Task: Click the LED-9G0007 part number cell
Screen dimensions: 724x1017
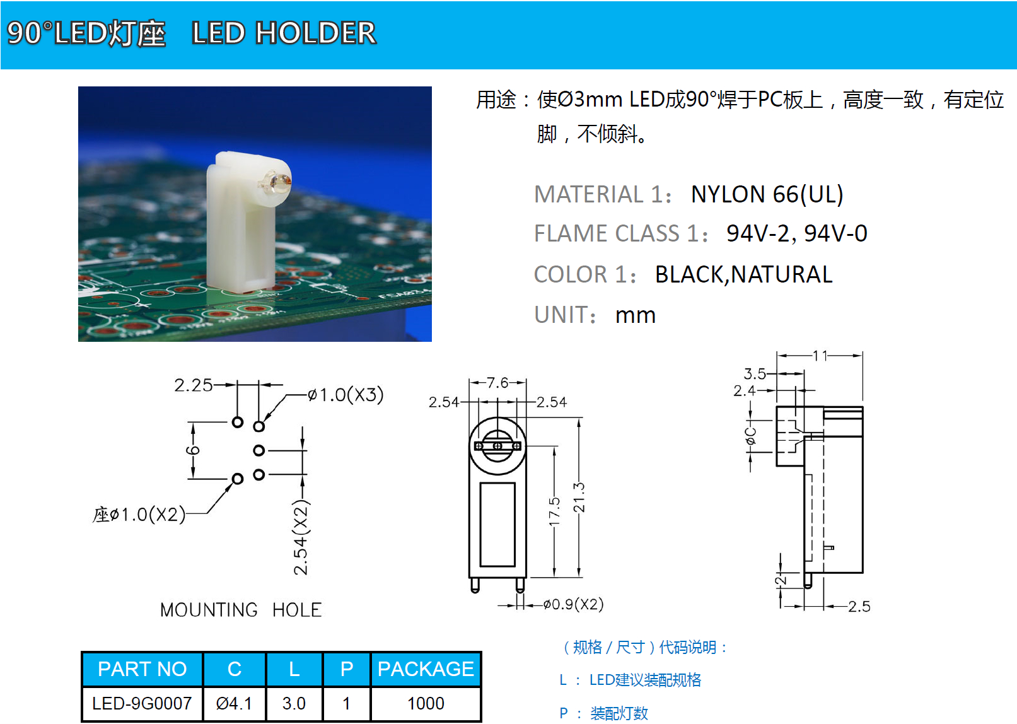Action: pyautogui.click(x=142, y=703)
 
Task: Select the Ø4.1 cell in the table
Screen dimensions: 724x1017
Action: pyautogui.click(x=234, y=703)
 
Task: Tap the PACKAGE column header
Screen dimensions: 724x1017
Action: pyautogui.click(x=426, y=669)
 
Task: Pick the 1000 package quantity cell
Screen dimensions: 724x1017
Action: pyautogui.click(x=426, y=703)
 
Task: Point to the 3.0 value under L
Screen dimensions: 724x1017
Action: pyautogui.click(x=294, y=703)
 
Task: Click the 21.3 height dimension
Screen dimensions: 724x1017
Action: pyautogui.click(x=579, y=497)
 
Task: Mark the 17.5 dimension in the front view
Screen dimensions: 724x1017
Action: pyautogui.click(x=554, y=511)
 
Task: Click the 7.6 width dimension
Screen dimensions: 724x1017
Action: pyautogui.click(x=497, y=383)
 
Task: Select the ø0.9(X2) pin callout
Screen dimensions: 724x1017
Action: pyautogui.click(x=573, y=604)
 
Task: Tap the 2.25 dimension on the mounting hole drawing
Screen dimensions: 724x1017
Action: pyautogui.click(x=194, y=385)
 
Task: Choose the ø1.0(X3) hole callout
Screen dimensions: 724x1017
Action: pyautogui.click(x=346, y=395)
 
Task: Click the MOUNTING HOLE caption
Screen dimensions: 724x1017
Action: pyautogui.click(x=241, y=610)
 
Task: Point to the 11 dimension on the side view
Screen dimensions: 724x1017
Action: pyautogui.click(x=820, y=356)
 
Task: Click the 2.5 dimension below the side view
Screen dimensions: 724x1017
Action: pyautogui.click(x=859, y=607)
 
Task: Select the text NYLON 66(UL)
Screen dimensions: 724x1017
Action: pyautogui.click(x=767, y=194)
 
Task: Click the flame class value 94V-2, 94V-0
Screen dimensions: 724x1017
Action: pyautogui.click(x=796, y=233)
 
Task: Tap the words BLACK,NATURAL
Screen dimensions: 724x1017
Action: pyautogui.click(x=743, y=274)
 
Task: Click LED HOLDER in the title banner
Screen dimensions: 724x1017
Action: pyautogui.click(x=284, y=33)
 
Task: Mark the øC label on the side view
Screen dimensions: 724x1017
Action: pyautogui.click(x=750, y=436)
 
